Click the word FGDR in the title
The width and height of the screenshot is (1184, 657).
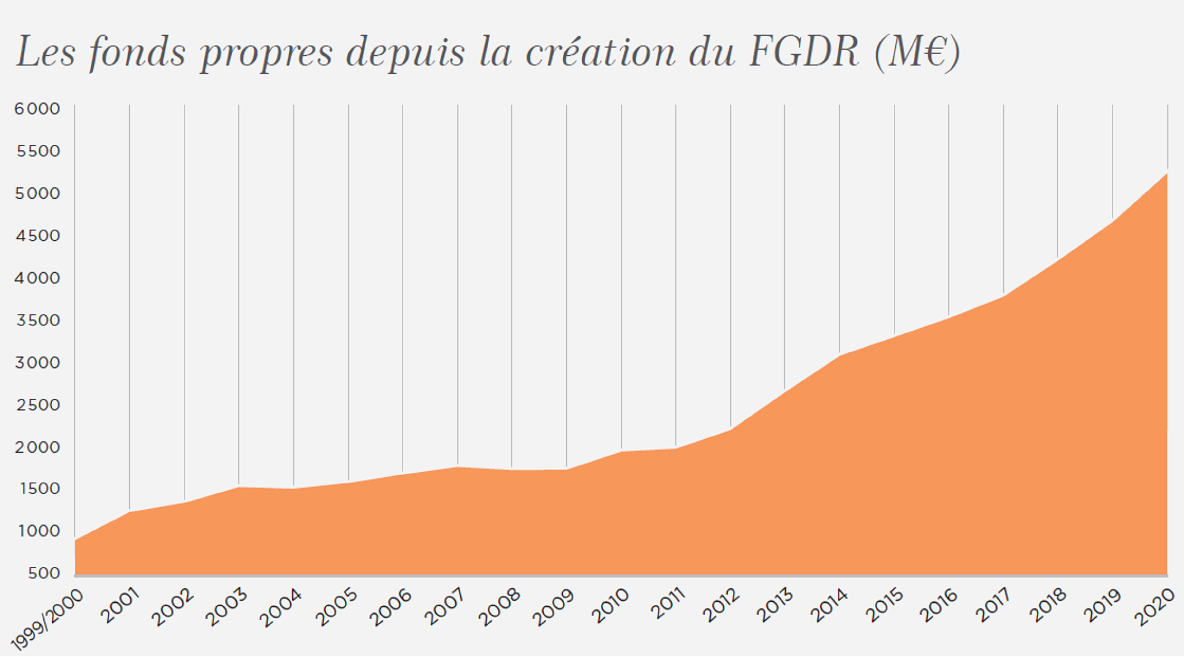[803, 52]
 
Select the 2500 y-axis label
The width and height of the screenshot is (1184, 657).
[38, 405]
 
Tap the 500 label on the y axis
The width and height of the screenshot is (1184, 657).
[44, 573]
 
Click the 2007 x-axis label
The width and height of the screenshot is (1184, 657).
[445, 607]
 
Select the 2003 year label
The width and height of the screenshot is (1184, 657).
[226, 607]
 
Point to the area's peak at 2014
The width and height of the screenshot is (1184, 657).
[839, 355]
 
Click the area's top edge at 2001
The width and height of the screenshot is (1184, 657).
[130, 512]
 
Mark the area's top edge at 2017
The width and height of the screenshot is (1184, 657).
[1003, 296]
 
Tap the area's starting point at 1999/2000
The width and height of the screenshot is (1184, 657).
[75, 540]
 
